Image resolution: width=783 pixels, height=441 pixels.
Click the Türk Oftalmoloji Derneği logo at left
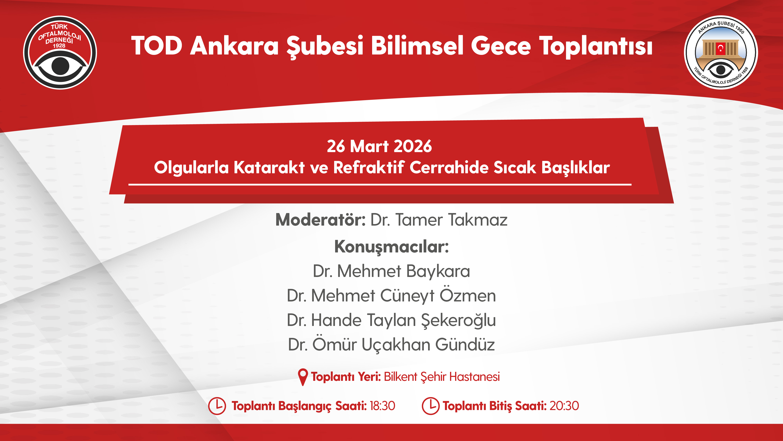tap(60, 52)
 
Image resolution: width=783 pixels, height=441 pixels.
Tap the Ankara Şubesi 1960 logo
tap(721, 52)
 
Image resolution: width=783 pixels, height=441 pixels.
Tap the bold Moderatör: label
tap(320, 220)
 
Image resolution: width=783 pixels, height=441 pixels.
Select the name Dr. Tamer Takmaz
tap(439, 220)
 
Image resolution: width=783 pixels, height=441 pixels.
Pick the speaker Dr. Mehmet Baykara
tap(391, 271)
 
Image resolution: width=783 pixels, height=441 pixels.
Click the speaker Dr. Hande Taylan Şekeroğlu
tap(391, 320)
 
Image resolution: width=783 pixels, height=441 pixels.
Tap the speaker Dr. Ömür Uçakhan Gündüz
tap(391, 344)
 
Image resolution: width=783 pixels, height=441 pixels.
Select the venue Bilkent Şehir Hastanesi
tap(442, 377)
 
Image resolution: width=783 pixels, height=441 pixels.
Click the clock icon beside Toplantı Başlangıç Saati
tap(217, 406)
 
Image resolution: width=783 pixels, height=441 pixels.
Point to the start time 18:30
tap(382, 406)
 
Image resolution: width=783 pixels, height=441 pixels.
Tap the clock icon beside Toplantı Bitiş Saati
tap(431, 406)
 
